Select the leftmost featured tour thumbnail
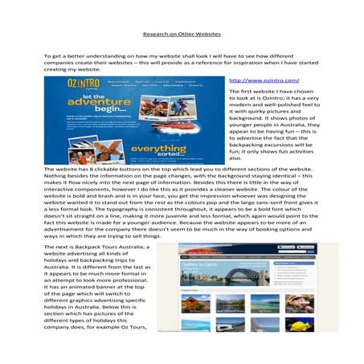(196, 304)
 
